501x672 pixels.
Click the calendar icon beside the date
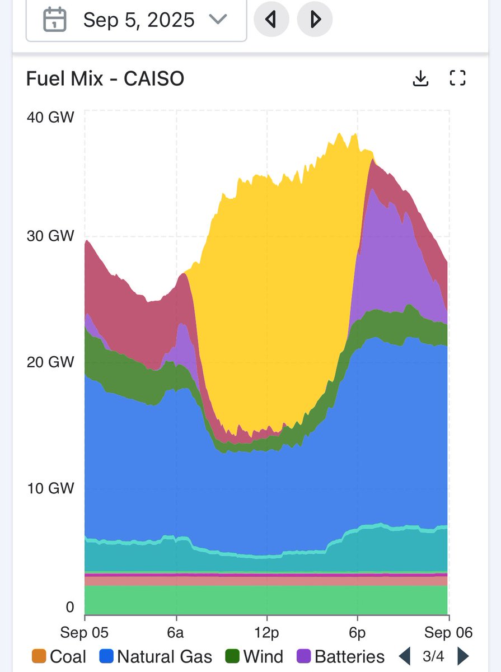click(55, 20)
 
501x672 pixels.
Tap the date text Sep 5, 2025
click(139, 20)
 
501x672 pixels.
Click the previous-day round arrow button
click(271, 20)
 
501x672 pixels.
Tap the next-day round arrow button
click(315, 20)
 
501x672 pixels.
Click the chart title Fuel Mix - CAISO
click(105, 79)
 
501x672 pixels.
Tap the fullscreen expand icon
click(458, 79)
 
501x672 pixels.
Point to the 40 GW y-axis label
click(50, 118)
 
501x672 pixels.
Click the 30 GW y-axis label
click(50, 236)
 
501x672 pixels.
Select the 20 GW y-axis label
click(50, 362)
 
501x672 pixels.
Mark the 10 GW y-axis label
click(50, 488)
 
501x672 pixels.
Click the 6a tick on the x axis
click(176, 632)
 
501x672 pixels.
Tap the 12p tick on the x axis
click(266, 632)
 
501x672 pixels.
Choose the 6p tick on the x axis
click(357, 632)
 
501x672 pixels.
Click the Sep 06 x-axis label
click(448, 632)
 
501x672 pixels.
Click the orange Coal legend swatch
click(39, 656)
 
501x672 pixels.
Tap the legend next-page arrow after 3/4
click(463, 656)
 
